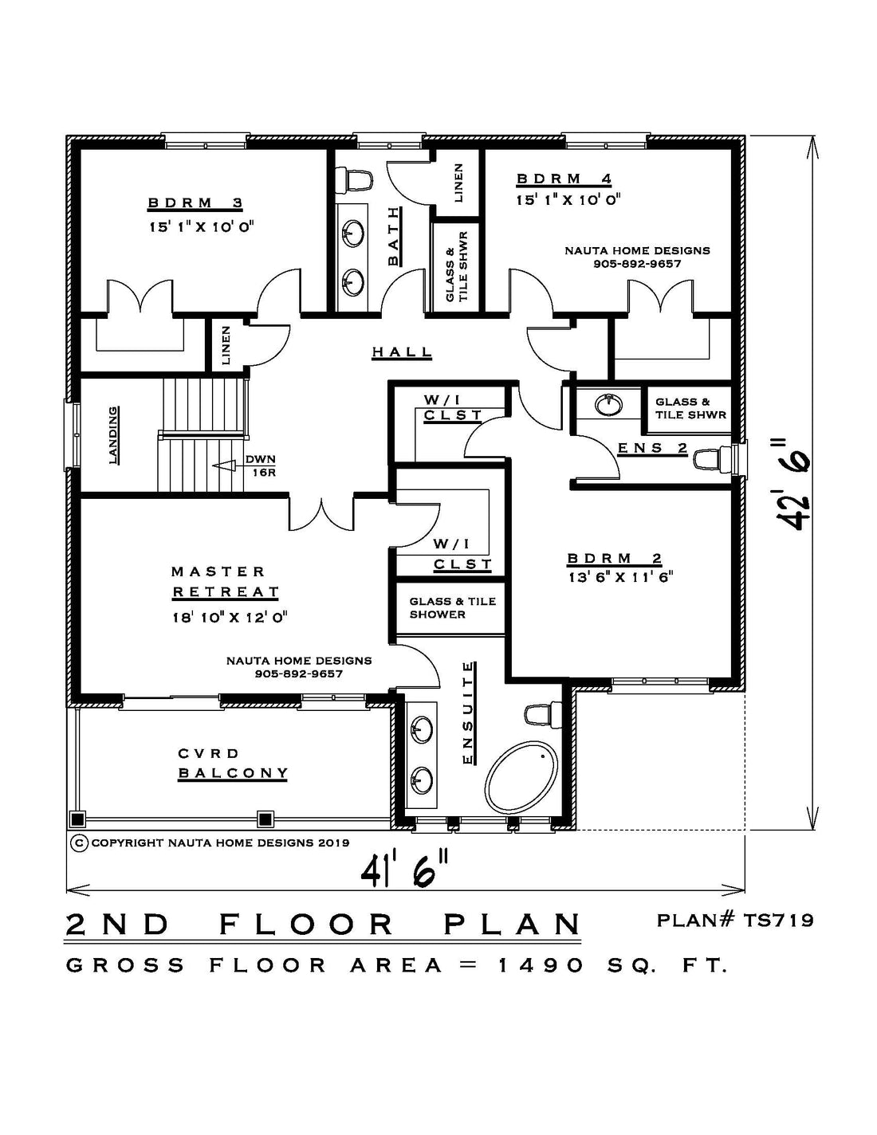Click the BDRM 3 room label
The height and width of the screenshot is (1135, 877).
pos(195,202)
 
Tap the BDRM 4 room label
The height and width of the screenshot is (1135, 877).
pos(564,179)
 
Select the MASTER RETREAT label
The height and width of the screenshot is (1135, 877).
pos(225,581)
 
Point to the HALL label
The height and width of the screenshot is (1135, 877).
pos(402,351)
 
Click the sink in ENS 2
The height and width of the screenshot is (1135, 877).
pos(608,404)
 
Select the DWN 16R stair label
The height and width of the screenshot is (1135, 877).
pos(260,466)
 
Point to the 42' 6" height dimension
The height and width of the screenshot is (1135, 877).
pos(793,483)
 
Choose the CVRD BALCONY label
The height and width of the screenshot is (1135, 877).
pos(233,763)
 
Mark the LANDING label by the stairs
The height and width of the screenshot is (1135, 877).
pos(113,436)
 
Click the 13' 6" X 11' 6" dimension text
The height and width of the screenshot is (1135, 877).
pos(620,577)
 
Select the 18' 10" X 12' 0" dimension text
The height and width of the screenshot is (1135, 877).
pos(230,618)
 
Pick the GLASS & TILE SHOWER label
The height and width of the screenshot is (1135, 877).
pos(452,608)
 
